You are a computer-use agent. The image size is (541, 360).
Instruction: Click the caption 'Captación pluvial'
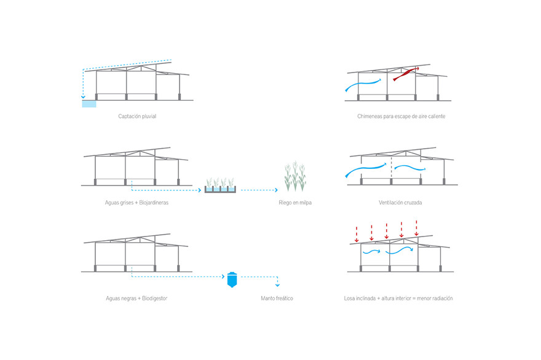[137, 116]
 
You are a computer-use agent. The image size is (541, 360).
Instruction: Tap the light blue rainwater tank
[89, 104]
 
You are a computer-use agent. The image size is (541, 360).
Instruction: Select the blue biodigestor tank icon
[232, 280]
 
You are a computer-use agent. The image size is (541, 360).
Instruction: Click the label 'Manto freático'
[277, 299]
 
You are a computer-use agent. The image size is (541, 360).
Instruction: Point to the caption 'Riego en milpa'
[295, 203]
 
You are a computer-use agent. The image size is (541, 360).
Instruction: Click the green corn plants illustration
[295, 176]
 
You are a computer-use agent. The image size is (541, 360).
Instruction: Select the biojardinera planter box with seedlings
[220, 186]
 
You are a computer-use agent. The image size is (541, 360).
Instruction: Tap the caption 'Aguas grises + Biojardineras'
[136, 203]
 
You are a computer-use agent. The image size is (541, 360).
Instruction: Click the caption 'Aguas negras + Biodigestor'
[136, 299]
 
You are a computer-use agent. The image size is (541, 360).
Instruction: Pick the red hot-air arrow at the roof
[406, 74]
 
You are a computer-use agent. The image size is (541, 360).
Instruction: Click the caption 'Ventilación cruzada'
[400, 203]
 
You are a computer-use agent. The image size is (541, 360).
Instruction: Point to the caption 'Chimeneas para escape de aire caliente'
[401, 116]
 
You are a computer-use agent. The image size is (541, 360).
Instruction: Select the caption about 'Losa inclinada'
[398, 299]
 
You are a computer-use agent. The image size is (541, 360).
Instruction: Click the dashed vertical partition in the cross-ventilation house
[391, 167]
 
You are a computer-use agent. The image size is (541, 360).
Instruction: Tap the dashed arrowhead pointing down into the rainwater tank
[83, 97]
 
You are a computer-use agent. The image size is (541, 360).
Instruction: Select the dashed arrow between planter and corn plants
[259, 190]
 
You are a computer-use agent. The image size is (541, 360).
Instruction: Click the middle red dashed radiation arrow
[387, 231]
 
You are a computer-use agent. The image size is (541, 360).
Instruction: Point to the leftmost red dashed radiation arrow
[357, 235]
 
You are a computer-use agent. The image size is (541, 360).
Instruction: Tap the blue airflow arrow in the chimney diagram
[363, 85]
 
